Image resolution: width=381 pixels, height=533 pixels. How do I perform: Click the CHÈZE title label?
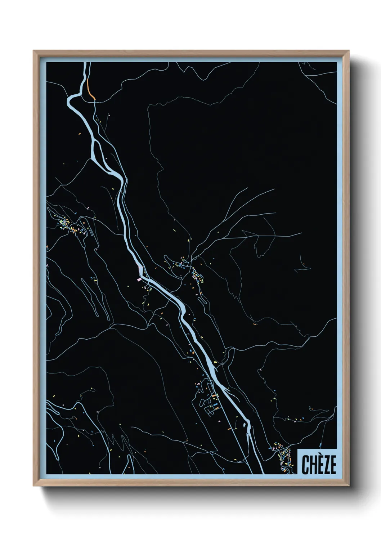point(319,465)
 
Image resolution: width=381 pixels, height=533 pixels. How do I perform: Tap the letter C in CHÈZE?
point(305,465)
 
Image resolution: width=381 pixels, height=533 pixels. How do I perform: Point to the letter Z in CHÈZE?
point(326,465)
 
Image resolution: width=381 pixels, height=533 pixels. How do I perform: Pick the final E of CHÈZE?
point(332,465)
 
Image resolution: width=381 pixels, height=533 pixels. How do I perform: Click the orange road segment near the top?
point(91,92)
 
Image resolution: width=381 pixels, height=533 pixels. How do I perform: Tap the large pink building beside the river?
point(140,269)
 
